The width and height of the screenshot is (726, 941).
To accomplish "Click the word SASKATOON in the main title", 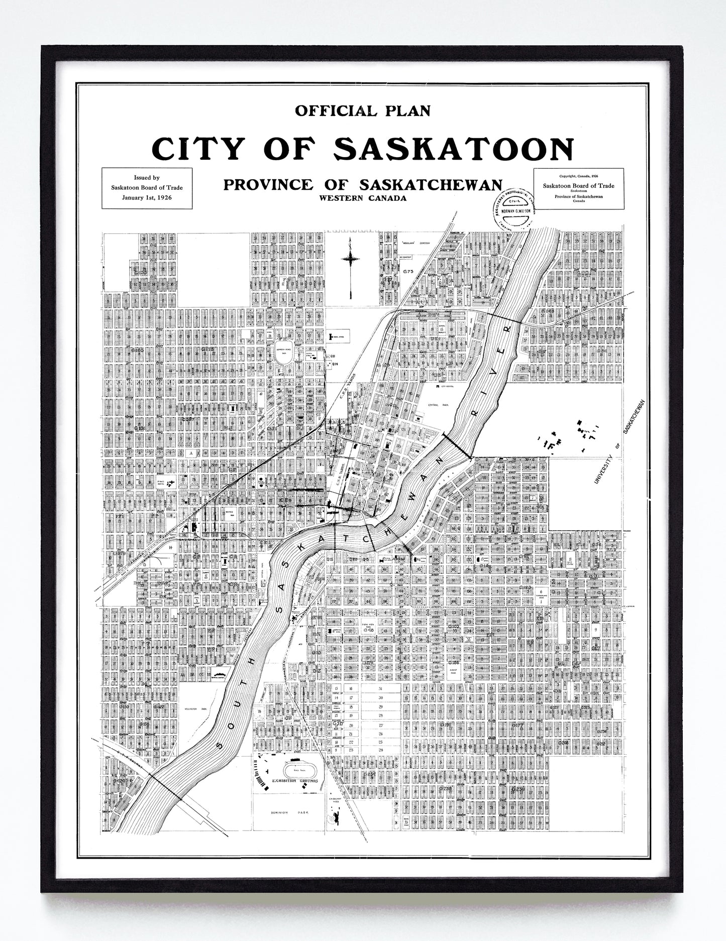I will coord(454,149).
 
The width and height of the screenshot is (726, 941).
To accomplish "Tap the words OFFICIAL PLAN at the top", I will coord(362,110).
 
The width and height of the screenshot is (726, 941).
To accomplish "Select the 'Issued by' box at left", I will coord(147,188).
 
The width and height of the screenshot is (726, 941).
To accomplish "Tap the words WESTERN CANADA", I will coord(362,198).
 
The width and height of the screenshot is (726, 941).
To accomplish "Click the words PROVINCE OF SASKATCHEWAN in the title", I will coord(362,184).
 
